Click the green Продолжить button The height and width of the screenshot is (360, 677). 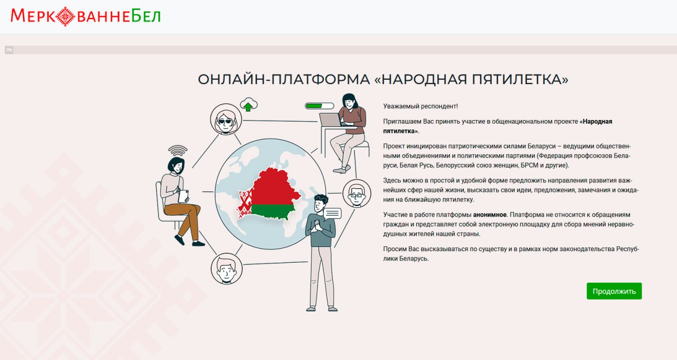614,291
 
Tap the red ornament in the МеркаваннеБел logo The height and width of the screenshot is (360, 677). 65,16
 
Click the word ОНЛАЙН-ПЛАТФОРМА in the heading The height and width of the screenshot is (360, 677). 284,79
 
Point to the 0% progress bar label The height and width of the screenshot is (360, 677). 9,50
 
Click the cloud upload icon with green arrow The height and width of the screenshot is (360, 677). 249,105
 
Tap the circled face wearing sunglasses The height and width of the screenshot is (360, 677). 226,119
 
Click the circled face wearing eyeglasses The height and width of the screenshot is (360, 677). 356,193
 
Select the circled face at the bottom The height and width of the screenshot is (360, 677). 226,269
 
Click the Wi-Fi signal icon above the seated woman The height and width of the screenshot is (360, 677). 178,151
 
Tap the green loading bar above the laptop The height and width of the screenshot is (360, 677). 319,106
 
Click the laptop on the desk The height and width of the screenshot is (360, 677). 331,119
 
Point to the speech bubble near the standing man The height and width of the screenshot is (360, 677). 333,214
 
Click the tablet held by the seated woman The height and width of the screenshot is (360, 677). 184,196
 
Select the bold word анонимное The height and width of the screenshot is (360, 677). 490,215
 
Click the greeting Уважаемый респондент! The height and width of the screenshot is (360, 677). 420,106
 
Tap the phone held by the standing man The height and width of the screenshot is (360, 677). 317,223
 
